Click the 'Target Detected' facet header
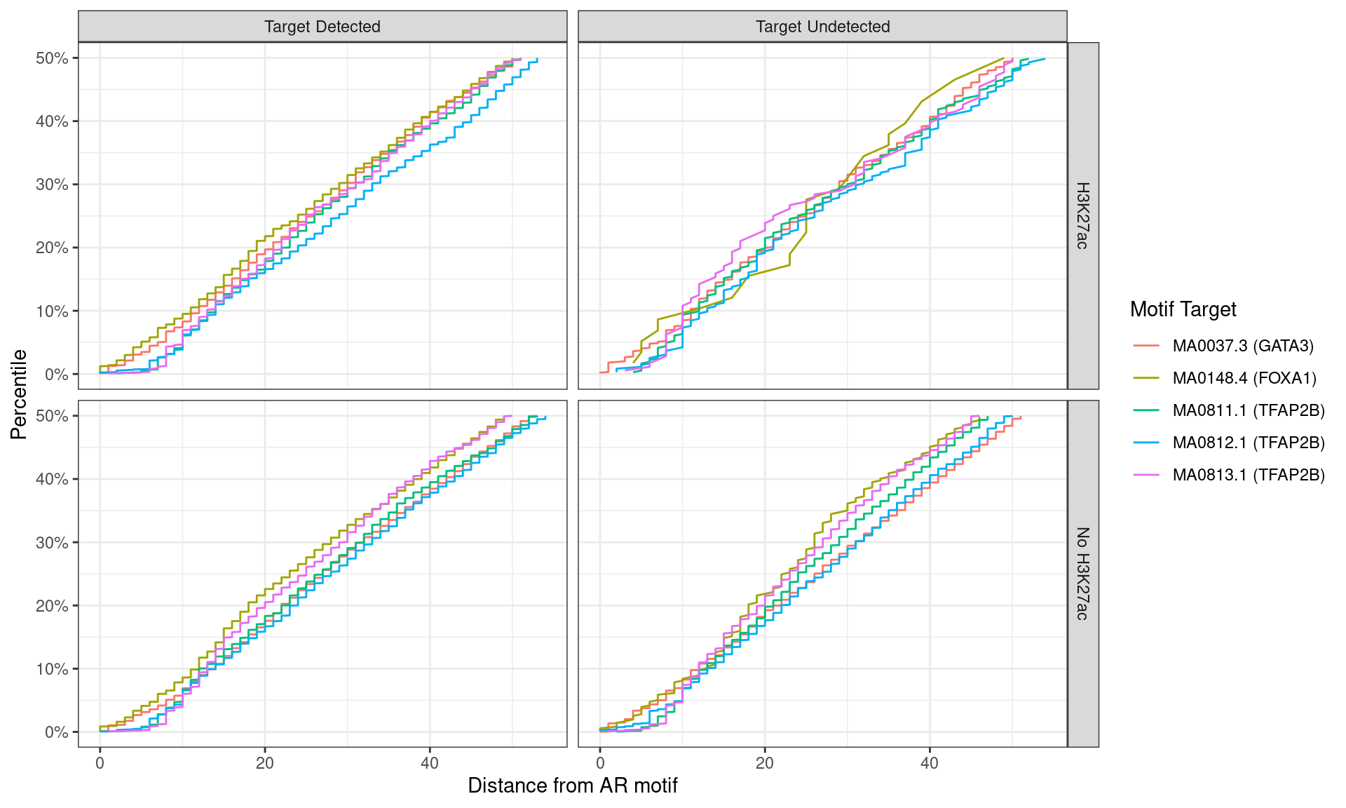[322, 27]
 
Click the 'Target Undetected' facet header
[822, 27]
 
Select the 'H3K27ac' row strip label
[1082, 215]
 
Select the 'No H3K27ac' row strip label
[1082, 573]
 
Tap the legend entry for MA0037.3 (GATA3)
[1242, 346]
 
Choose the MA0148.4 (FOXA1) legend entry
[1244, 378]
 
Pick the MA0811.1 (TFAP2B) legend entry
[1248, 410]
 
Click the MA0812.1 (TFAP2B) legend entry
[1248, 443]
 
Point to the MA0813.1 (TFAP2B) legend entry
[1248, 475]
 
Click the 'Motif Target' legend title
[1183, 309]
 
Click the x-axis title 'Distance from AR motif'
[572, 786]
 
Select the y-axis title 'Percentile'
[19, 394]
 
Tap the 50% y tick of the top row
[53, 58]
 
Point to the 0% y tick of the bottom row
[57, 732]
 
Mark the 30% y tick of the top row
[53, 184]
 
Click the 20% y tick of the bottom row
[53, 606]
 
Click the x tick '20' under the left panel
[265, 763]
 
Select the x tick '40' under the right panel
[930, 763]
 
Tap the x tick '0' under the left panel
[100, 763]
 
